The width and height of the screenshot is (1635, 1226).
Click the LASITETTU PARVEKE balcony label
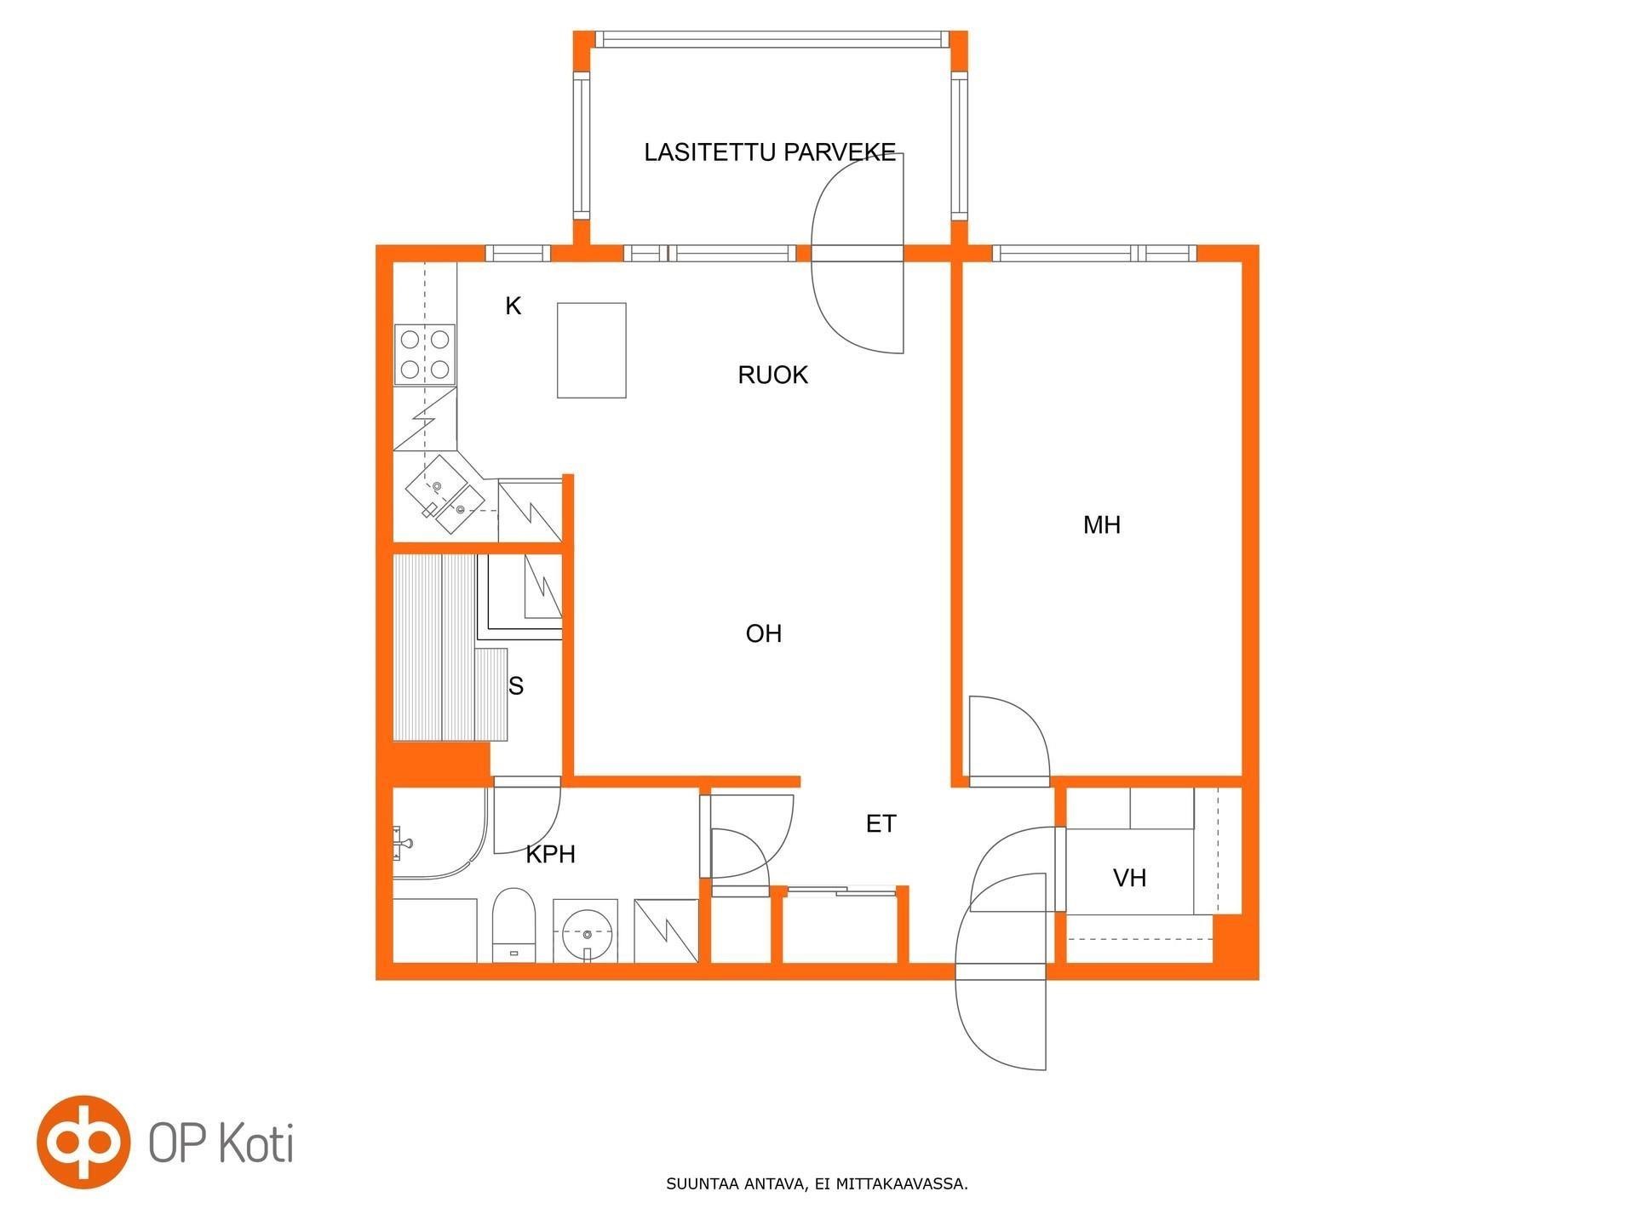770,152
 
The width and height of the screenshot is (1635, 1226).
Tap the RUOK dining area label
772,375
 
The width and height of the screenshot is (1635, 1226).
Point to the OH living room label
764,633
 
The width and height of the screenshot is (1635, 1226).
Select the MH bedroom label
1102,525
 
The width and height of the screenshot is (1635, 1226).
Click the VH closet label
1130,878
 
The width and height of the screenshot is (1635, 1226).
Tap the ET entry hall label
881,824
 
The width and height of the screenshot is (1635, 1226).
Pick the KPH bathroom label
551,854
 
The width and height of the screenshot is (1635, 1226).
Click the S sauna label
516,686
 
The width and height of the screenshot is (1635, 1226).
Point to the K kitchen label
513,306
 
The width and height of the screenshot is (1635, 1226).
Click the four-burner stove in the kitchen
425,354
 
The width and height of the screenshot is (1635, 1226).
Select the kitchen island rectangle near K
592,350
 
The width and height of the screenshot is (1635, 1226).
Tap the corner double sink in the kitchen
445,495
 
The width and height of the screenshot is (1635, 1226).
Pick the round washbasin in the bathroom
586,931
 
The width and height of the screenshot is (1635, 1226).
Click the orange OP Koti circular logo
83,1142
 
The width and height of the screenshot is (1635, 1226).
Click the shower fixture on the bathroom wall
403,843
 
